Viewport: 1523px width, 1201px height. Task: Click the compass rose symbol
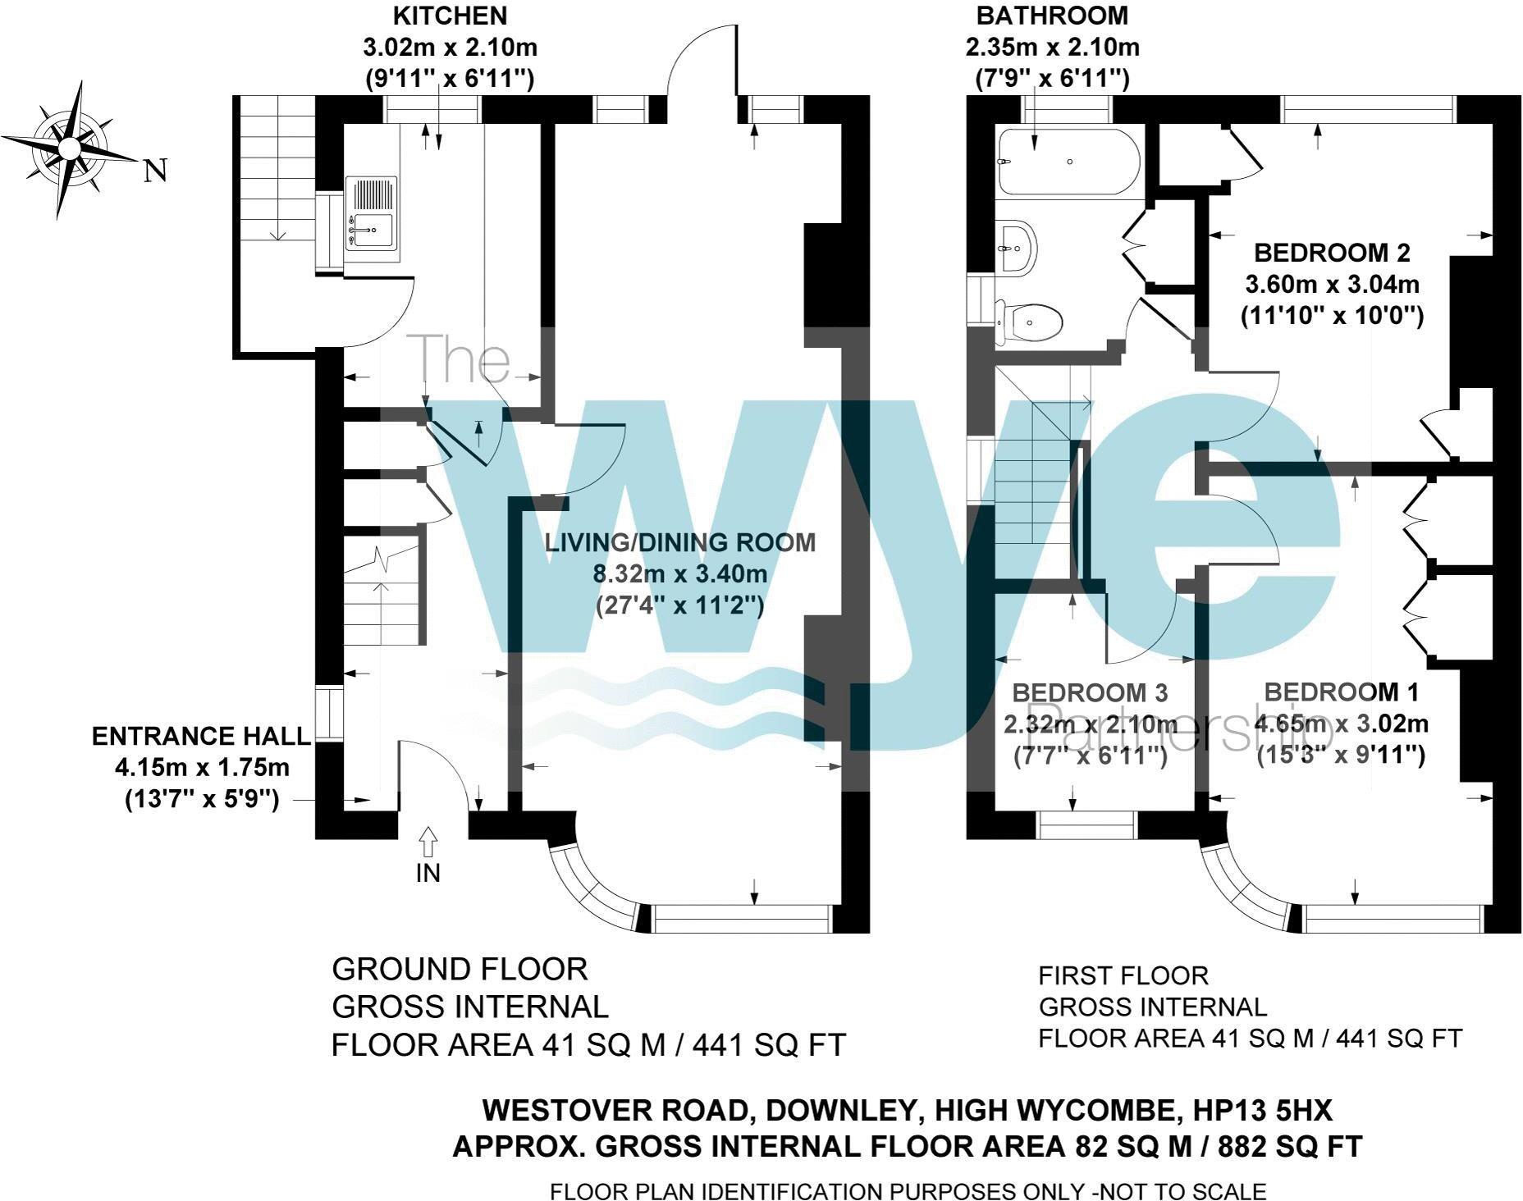69,149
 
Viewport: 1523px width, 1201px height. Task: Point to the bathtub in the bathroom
1068,162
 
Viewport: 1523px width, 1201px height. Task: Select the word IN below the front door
428,873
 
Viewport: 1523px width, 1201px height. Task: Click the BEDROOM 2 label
1332,253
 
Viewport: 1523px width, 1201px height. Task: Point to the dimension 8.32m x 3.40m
680,573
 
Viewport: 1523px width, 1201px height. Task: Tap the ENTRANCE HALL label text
201,736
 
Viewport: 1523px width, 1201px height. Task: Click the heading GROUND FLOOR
460,970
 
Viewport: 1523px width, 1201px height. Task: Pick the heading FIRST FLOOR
1123,976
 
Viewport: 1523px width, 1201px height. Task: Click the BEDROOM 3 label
1089,693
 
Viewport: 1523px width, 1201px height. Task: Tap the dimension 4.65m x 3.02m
1342,724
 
